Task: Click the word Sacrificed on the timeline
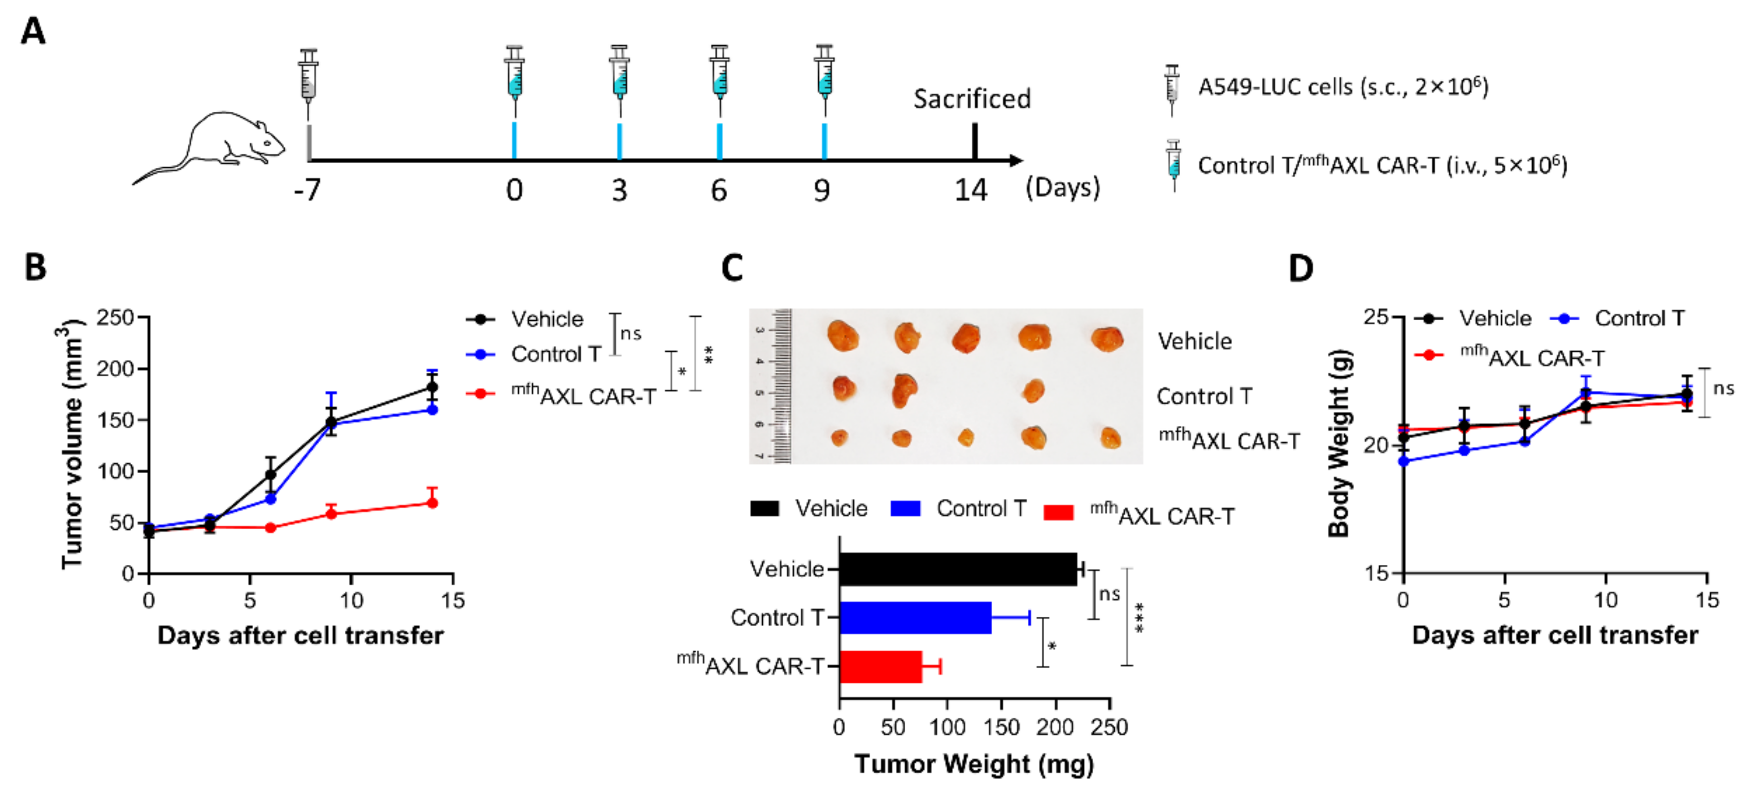[972, 99]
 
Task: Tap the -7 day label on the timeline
[307, 189]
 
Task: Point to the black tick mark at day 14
[974, 141]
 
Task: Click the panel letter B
[36, 267]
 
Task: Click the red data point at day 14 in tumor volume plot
[432, 503]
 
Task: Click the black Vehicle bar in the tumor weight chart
[957, 569]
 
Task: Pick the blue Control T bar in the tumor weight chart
[915, 617]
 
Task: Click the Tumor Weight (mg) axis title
[974, 764]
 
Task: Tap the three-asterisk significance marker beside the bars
[1138, 617]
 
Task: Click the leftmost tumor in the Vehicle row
[843, 337]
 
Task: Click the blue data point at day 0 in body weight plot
[1403, 461]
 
